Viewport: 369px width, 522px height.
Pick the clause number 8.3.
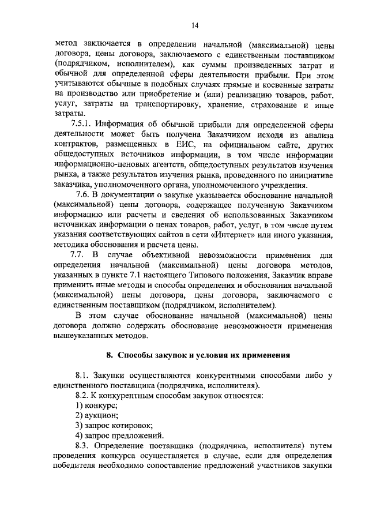coord(84,446)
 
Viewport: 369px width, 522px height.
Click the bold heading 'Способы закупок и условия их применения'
coord(200,354)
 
